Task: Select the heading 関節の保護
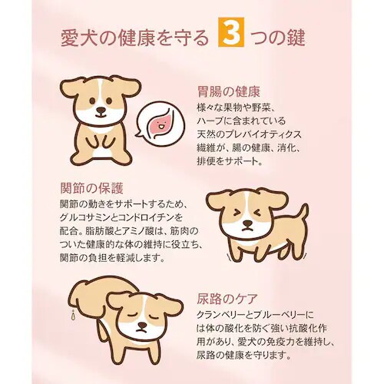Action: coord(91,187)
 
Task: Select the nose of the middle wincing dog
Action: coord(247,224)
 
